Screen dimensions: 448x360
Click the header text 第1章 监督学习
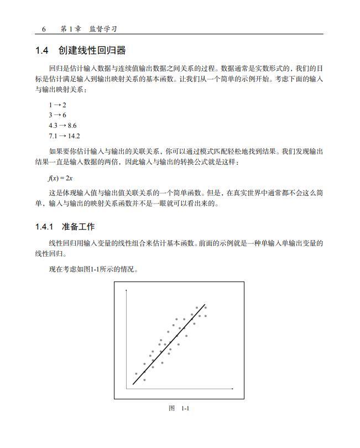pyautogui.click(x=88, y=29)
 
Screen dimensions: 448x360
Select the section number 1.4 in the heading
pyautogui.click(x=42, y=51)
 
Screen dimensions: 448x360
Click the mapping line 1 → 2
pyautogui.click(x=58, y=105)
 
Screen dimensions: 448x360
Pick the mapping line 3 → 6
pyautogui.click(x=58, y=115)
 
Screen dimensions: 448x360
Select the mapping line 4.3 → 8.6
pyautogui.click(x=62, y=126)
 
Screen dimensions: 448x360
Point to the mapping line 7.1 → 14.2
pyautogui.click(x=64, y=136)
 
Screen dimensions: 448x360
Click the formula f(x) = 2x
pyautogui.click(x=60, y=178)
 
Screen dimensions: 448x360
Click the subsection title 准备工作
pyautogui.click(x=79, y=227)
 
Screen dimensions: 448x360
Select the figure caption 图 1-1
pyautogui.click(x=179, y=408)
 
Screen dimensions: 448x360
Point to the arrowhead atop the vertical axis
pyautogui.click(x=127, y=290)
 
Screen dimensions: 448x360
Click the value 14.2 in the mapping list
pyautogui.click(x=74, y=136)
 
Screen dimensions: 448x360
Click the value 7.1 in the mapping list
pyautogui.click(x=53, y=136)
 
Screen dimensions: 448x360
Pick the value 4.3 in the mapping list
pyautogui.click(x=53, y=126)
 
